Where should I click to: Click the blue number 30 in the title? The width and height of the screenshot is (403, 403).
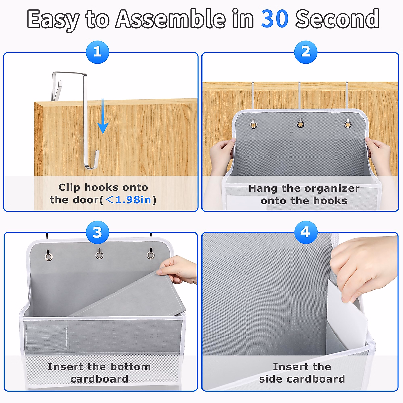tap(275, 19)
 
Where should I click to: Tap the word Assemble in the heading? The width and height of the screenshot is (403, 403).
tap(171, 19)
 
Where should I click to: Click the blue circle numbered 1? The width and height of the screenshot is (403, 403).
tap(97, 52)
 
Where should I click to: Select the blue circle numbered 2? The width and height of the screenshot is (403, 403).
tap(306, 52)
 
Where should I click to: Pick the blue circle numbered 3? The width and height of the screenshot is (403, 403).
tap(97, 232)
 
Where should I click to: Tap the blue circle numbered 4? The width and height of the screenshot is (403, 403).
tap(306, 232)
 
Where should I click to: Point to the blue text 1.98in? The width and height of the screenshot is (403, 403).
tap(133, 200)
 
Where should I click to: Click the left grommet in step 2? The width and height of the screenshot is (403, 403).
tap(253, 125)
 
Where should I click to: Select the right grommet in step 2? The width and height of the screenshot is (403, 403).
tap(348, 125)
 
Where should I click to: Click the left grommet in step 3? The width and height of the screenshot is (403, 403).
tap(48, 257)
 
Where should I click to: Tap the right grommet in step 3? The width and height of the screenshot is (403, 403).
tap(150, 255)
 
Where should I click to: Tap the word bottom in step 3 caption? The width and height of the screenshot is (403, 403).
tap(131, 367)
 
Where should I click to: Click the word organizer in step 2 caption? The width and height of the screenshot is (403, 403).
tap(332, 189)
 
